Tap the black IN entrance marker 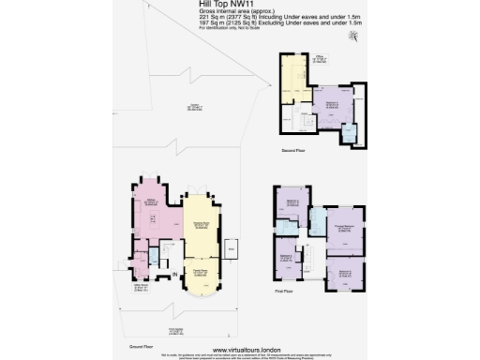[x=175, y=273]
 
